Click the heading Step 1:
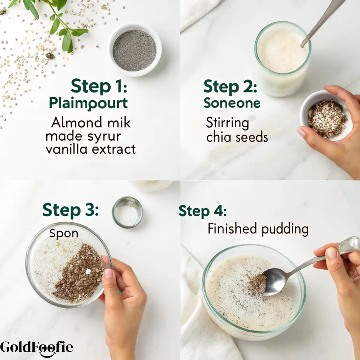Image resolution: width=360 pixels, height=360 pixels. tap(99, 86)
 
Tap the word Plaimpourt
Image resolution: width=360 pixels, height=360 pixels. tap(88, 103)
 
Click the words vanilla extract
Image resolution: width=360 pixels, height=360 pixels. tap(91, 149)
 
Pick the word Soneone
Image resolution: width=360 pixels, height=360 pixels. tap(232, 103)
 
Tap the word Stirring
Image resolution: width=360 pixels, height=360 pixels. tap(227, 123)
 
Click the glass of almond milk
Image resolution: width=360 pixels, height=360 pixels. tap(283, 59)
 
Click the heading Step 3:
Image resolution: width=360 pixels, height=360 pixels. tap(70, 211)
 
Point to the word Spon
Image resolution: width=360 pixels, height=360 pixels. tap(64, 233)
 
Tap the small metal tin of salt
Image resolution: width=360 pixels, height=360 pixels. tap(127, 212)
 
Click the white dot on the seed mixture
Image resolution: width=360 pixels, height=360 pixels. tap(88, 271)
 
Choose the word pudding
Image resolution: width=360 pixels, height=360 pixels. tap(285, 229)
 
